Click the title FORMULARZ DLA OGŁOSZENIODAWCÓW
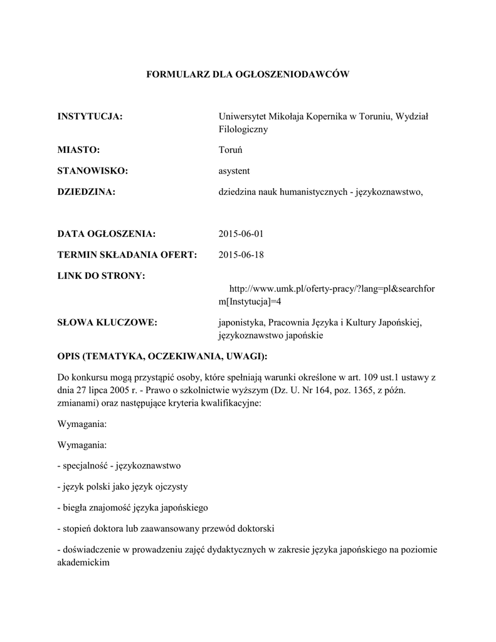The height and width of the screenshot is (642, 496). (247, 74)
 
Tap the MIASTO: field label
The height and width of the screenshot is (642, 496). (78, 150)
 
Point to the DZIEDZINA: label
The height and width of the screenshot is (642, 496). (87, 192)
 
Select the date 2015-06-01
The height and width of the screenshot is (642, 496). (241, 234)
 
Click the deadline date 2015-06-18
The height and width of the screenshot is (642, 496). (241, 255)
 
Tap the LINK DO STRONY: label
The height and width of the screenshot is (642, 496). (101, 276)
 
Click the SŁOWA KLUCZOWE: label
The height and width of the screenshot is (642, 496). (107, 322)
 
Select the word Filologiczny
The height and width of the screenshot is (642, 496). (243, 129)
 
